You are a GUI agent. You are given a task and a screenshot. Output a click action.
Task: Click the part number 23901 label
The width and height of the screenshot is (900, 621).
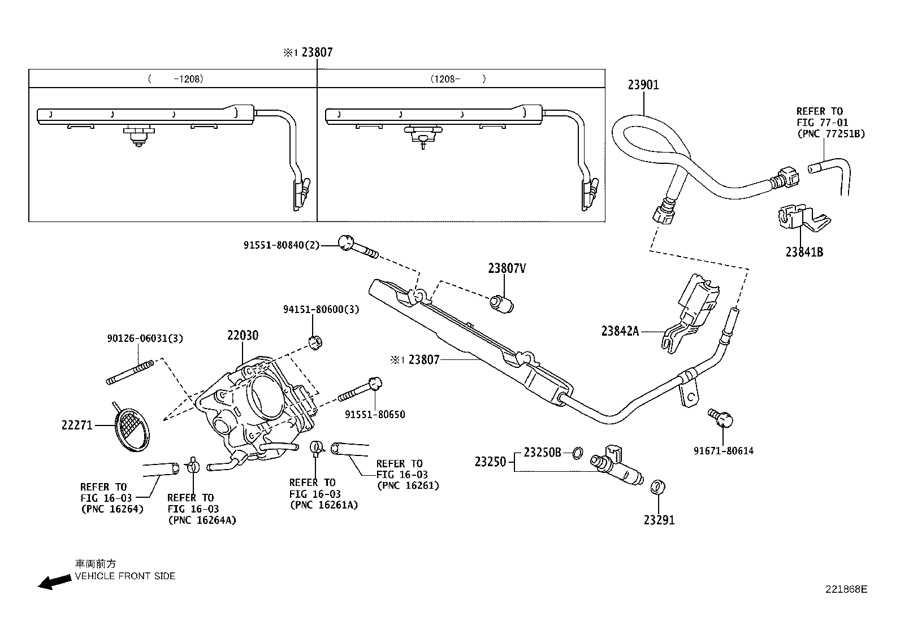click(643, 85)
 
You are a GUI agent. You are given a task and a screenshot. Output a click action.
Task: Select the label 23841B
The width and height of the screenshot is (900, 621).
click(804, 253)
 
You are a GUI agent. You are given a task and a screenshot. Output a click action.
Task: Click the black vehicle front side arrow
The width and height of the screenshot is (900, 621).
click(54, 583)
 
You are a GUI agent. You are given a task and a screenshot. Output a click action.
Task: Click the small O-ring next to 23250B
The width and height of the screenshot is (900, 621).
click(577, 453)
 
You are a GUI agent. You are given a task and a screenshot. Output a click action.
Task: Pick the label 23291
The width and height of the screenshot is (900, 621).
click(659, 520)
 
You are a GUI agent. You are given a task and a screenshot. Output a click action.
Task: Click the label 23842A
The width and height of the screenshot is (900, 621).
click(620, 331)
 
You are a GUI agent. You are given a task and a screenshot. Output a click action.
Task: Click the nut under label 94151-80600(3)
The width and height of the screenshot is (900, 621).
click(315, 341)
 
